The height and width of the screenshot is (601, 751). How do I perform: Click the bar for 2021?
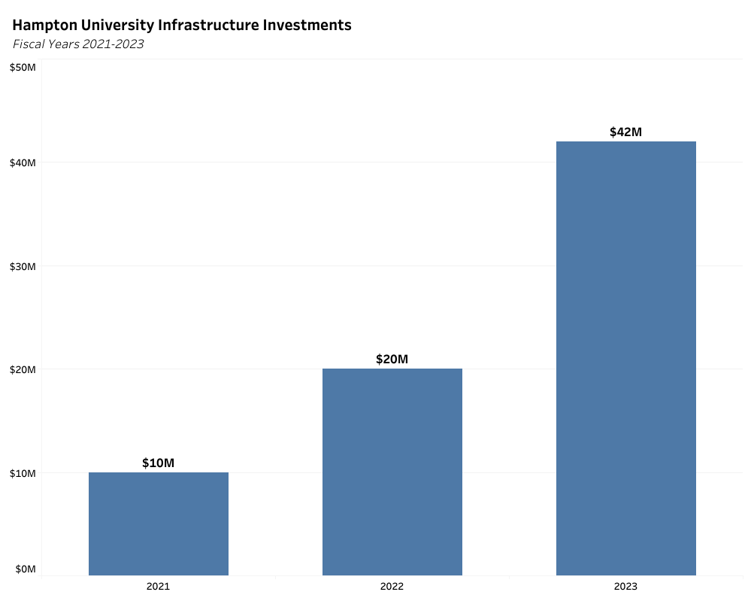(x=158, y=524)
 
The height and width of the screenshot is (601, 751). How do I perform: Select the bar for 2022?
(x=392, y=472)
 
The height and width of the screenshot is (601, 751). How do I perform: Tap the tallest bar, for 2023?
(x=625, y=358)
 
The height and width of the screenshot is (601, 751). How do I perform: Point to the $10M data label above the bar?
(x=158, y=463)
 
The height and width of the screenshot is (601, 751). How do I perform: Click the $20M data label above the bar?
(x=392, y=359)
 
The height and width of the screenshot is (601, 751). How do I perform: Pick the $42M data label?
(x=625, y=132)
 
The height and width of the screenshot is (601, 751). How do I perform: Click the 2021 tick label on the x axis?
(x=158, y=586)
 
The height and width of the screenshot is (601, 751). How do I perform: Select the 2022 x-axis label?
(x=392, y=586)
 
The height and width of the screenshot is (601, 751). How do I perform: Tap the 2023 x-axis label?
(x=625, y=586)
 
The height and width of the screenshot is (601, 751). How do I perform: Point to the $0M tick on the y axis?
(x=24, y=569)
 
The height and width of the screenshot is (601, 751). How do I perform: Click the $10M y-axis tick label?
(x=22, y=472)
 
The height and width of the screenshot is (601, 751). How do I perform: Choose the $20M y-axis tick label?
(x=22, y=369)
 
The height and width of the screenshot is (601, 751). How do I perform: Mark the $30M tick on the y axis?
(x=22, y=266)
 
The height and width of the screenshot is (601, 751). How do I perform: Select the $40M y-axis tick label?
(x=22, y=162)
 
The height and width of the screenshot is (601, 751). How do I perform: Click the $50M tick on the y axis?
(x=22, y=68)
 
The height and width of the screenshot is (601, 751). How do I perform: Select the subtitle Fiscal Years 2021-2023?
(x=78, y=44)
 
